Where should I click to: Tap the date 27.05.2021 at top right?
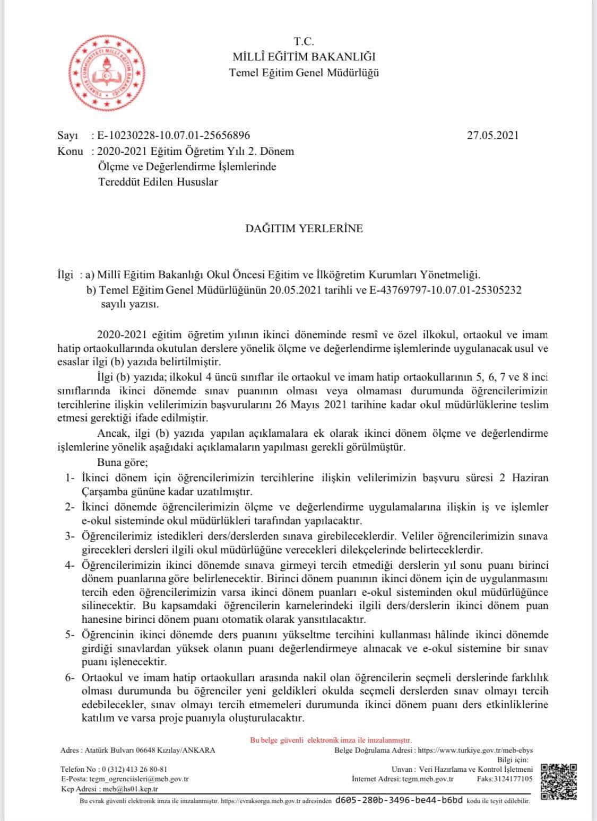[x=492, y=135]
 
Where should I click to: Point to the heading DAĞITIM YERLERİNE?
[x=304, y=228]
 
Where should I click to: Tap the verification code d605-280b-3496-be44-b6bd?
[x=399, y=801]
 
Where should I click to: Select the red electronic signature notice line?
[x=331, y=740]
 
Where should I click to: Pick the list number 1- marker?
[x=71, y=478]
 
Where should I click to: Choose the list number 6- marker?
[x=71, y=678]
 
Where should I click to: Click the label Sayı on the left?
[x=67, y=136]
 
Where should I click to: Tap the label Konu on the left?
[x=70, y=152]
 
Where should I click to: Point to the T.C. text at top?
[x=304, y=41]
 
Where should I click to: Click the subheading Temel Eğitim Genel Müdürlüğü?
[x=304, y=73]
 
